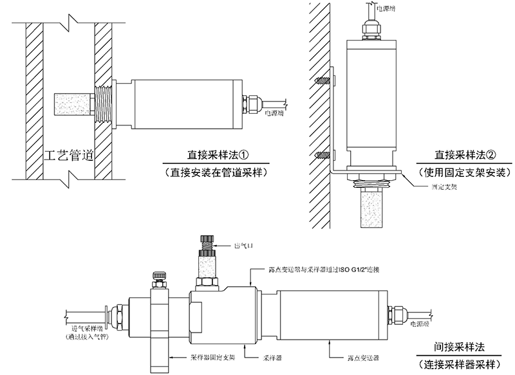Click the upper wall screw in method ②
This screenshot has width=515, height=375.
tap(324, 82)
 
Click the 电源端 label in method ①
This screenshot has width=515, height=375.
tap(275, 113)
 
